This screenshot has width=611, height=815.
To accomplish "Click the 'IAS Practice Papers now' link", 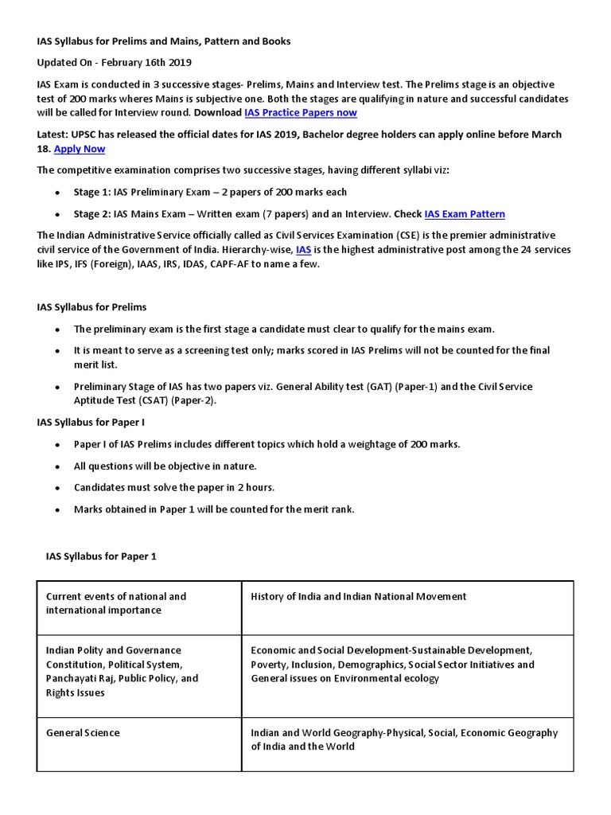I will click(300, 113).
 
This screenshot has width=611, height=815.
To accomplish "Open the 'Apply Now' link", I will click(79, 149).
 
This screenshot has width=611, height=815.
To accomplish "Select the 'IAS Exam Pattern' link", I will click(465, 214).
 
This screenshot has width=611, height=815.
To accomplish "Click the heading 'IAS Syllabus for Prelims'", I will click(91, 307).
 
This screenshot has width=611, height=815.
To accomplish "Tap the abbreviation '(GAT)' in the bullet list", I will click(379, 387).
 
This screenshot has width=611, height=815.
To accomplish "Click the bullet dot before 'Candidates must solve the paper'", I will click(57, 488).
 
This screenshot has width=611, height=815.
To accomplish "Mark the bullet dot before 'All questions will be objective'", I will click(57, 466).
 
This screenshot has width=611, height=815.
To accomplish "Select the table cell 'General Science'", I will click(83, 733).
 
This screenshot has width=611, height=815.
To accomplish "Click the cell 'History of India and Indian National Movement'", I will click(358, 596).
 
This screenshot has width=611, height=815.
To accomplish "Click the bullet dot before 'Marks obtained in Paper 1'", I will click(57, 510).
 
